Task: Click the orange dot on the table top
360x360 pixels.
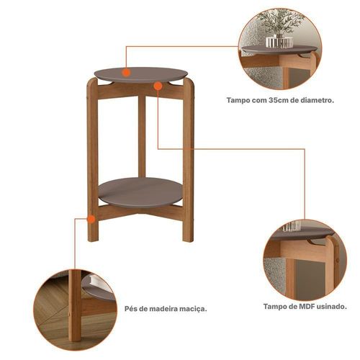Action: point(126,73)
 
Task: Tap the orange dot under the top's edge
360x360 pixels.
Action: point(158,86)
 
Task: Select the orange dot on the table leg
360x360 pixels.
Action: point(91,219)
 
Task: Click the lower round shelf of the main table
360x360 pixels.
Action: point(140,192)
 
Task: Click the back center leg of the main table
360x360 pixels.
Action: point(142,136)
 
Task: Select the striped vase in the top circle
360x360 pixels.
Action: point(279,42)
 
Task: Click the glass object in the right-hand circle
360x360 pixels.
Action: point(292,226)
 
